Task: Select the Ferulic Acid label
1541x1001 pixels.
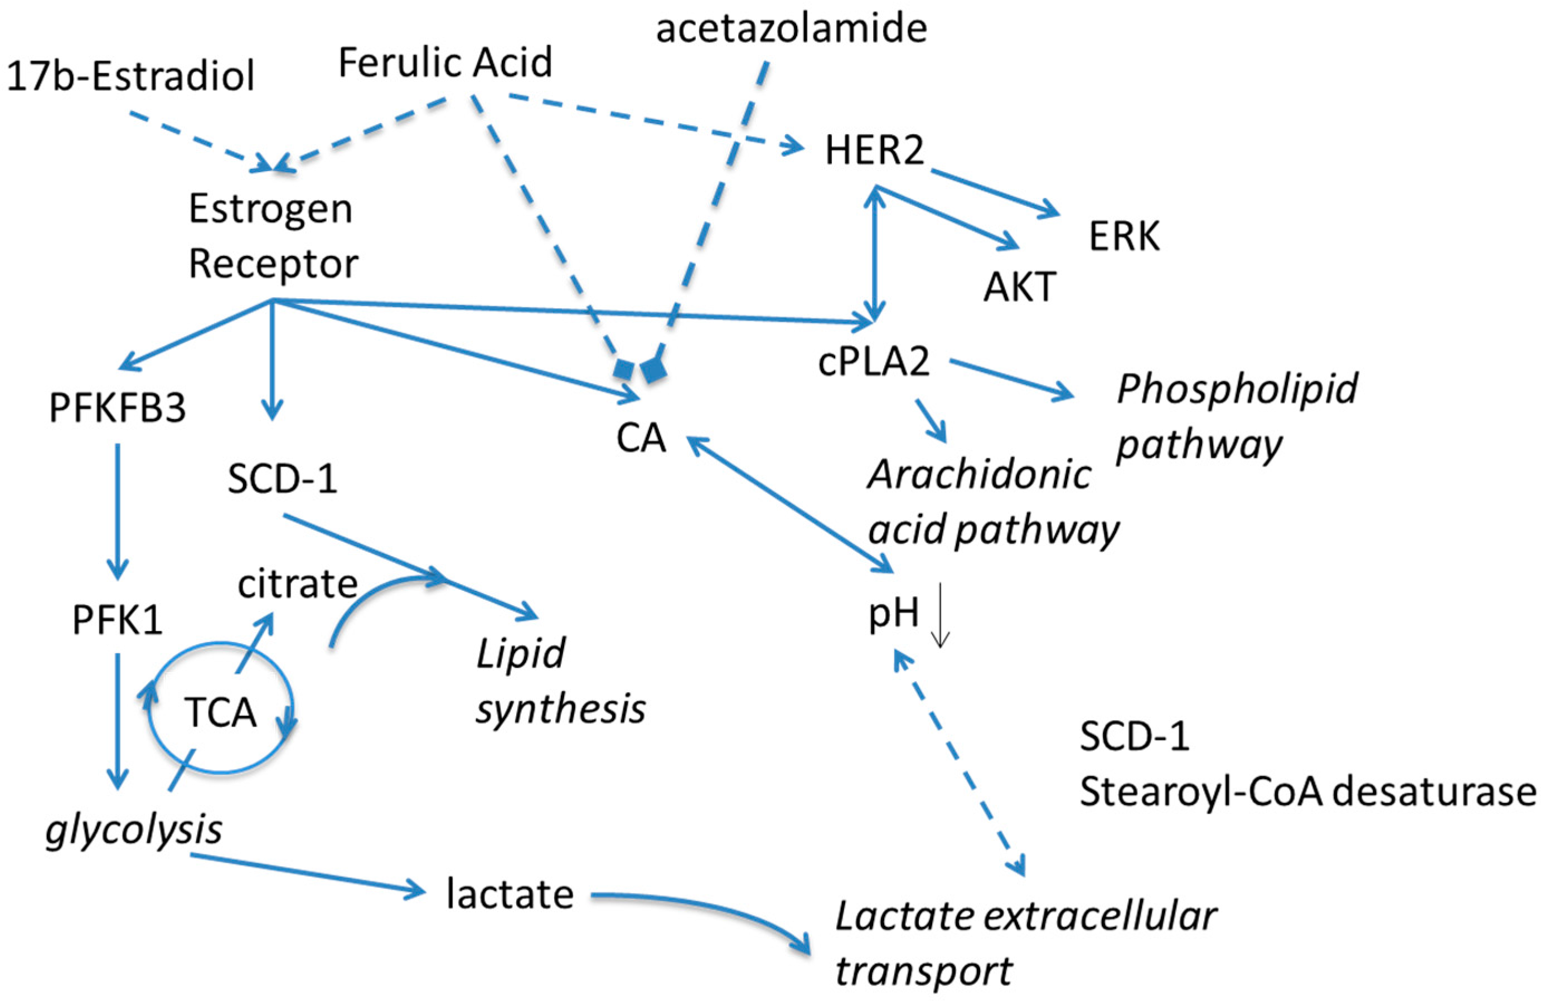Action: pos(445,63)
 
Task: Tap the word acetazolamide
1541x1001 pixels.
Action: pos(791,28)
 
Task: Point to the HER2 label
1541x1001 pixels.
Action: pos(874,150)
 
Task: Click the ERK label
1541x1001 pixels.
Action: pos(1124,236)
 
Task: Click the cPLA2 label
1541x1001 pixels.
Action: pos(874,361)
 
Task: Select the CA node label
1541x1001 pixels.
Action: pos(641,438)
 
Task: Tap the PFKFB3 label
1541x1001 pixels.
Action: pos(117,408)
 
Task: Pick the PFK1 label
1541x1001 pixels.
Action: pos(117,620)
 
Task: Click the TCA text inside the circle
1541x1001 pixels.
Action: pos(221,713)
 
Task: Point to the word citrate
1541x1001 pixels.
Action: pos(297,584)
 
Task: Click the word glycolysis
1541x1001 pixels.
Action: pos(134,829)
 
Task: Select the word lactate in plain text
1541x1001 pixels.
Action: pos(510,894)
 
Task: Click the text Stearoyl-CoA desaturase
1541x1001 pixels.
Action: pos(1307,792)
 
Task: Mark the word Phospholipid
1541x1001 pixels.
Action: pos(1237,388)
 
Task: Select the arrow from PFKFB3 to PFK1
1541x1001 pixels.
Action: pos(117,512)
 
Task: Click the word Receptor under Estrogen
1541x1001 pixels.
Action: pos(273,264)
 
